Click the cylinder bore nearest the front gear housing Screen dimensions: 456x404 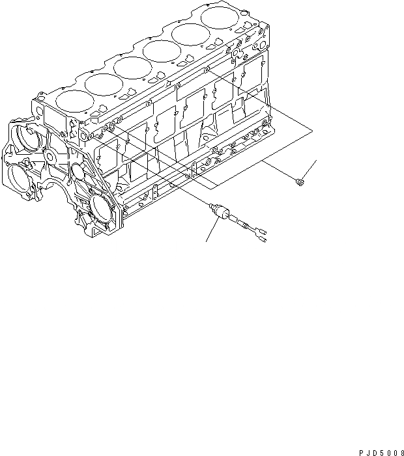[74, 100]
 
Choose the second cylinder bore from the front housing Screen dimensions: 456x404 [101, 83]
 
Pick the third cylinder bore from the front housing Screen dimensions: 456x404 [131, 67]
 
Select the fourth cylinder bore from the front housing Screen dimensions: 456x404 [160, 50]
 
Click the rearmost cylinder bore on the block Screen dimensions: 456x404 [219, 17]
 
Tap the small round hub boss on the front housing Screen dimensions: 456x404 [48, 157]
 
